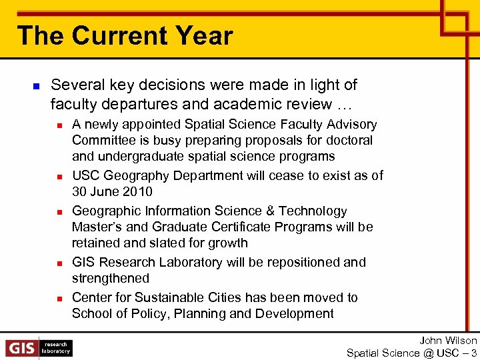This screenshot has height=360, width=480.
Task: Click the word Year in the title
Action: [x=203, y=35]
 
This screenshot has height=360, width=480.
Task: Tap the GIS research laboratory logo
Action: [x=39, y=348]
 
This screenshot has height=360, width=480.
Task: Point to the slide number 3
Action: [x=473, y=353]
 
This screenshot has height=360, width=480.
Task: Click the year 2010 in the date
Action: [x=139, y=192]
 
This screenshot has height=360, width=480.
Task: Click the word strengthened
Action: [x=110, y=278]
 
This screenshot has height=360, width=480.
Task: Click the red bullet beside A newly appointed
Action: [x=59, y=125]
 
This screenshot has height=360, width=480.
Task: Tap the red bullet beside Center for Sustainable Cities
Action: [x=59, y=299]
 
